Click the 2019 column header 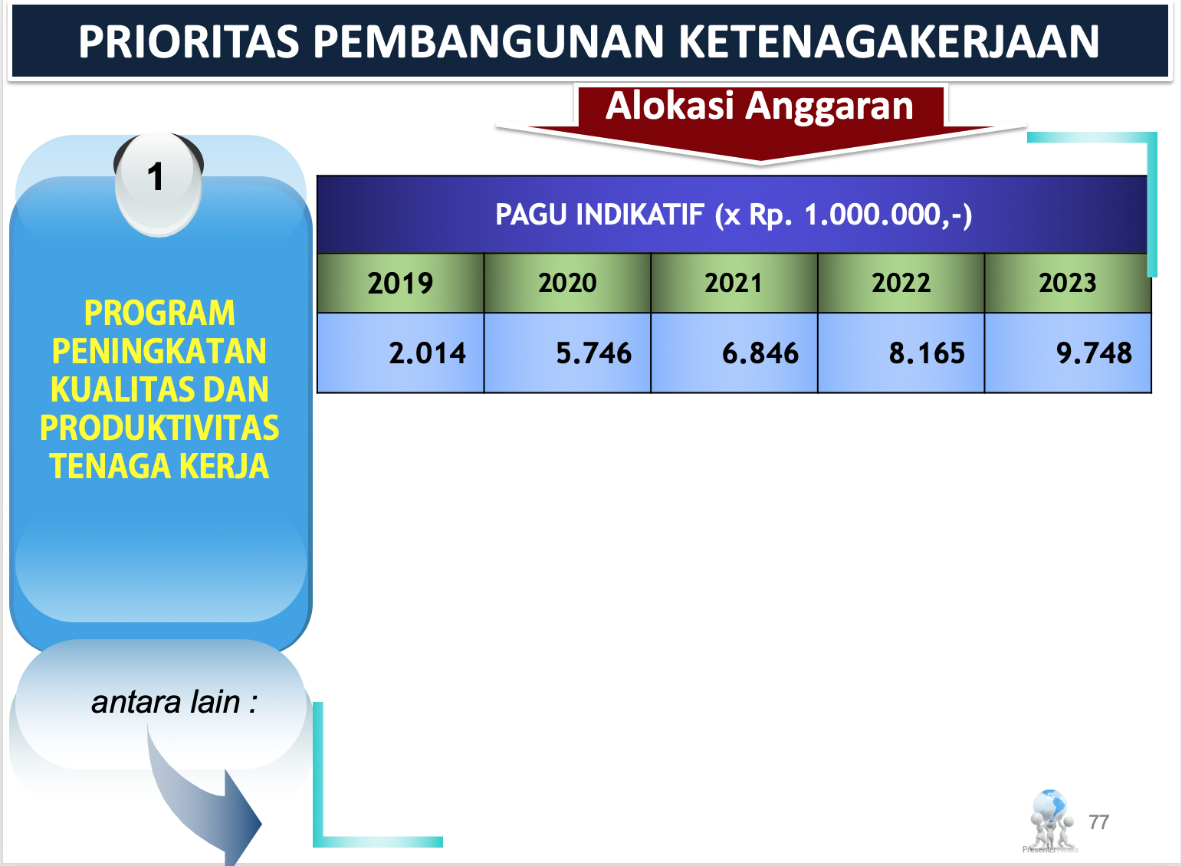pos(400,284)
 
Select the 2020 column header pos(567,284)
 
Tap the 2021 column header pos(734,284)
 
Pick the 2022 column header pos(901,284)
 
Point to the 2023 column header pos(1068,284)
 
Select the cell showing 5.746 pos(567,353)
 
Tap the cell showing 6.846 pos(734,353)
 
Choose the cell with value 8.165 pos(901,353)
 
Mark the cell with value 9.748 pos(1068,353)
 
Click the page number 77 pos(1098,822)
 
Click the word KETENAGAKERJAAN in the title pos(888,41)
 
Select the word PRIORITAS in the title pos(189,41)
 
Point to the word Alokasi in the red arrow pos(670,106)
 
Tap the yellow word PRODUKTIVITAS pos(159,428)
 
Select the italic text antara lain pos(165,703)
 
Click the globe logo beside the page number pos(1050,821)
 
